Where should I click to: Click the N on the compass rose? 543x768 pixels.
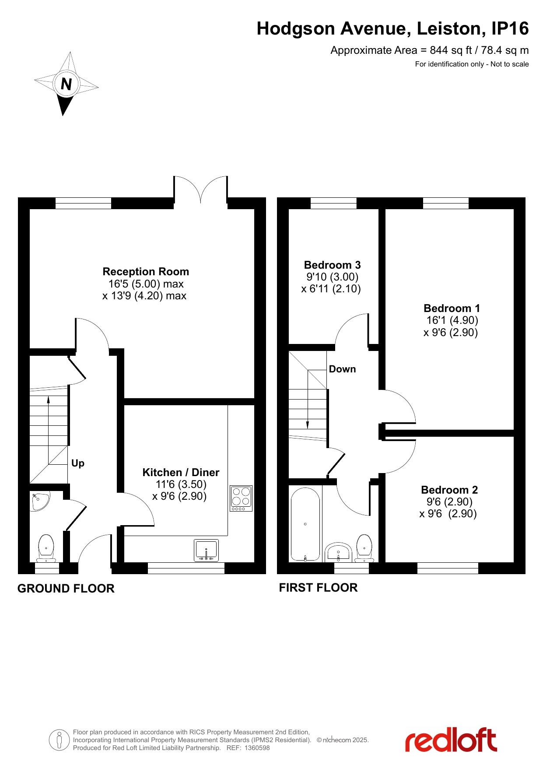coord(66,84)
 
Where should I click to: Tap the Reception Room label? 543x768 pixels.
coord(146,272)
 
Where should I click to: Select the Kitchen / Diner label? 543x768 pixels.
coord(181,473)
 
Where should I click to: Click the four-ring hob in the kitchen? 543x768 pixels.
coord(241,498)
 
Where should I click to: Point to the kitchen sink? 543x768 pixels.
coord(206,550)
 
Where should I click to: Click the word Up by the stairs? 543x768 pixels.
coord(78,463)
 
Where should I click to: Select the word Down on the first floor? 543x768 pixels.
coord(342,369)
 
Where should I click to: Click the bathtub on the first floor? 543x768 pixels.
coord(305,524)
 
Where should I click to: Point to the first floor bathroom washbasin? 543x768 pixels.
coord(338,552)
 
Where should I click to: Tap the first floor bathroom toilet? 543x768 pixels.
coord(364,548)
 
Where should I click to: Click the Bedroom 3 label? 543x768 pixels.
coord(332,265)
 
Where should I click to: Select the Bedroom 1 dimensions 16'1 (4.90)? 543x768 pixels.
coord(452,320)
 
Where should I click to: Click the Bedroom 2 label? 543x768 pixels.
coord(449,490)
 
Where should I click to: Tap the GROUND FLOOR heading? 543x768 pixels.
coord(66,589)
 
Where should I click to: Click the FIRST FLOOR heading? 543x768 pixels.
coord(318,588)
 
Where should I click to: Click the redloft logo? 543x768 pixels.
coord(451,740)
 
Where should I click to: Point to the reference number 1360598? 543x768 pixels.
coord(257,748)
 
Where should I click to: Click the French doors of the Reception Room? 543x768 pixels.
coord(200,189)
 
